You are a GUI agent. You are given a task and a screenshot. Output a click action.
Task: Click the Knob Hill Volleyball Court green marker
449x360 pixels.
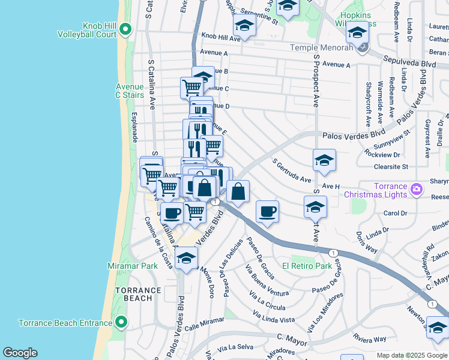pos(125,29)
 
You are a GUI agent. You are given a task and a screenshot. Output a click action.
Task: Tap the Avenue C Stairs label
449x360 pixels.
pos(130,91)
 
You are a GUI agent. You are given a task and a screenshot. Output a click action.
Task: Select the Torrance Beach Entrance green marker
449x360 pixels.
pos(121,323)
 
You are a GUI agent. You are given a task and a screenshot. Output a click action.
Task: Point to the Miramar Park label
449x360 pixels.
pos(132,266)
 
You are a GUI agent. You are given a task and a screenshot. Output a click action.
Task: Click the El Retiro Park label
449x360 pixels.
pos(307,266)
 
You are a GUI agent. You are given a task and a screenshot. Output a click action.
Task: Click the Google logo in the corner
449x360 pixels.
pos(20,353)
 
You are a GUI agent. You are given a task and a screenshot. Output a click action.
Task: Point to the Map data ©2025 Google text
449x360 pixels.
pos(412,355)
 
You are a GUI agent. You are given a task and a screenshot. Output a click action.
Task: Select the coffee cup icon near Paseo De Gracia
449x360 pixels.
pos(268,211)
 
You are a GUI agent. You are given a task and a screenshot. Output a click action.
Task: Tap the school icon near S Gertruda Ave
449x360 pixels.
pos(324,160)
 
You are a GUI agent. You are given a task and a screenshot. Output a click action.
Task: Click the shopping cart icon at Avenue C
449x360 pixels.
pos(191,88)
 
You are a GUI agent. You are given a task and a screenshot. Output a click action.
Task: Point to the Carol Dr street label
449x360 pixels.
pos(395,214)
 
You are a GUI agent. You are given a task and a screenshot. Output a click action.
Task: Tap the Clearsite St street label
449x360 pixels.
pos(390,166)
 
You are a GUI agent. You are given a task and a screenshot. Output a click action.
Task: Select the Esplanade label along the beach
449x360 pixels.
pos(136,127)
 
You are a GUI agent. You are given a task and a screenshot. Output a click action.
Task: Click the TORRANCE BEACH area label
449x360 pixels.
pos(138,294)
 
